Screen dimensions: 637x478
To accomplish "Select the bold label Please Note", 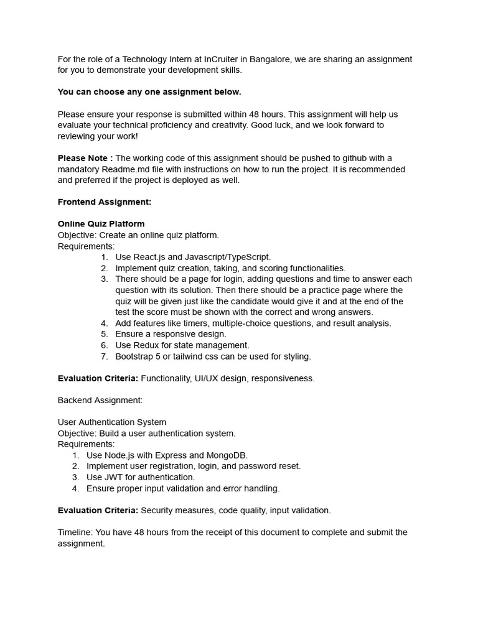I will pyautogui.click(x=85, y=158).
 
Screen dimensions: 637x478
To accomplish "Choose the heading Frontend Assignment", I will pyautogui.click(x=105, y=202).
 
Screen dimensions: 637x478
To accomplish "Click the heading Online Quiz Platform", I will pyautogui.click(x=101, y=224).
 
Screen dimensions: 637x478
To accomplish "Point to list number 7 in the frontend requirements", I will pyautogui.click(x=104, y=356).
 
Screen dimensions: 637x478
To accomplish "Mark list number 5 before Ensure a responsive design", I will pyautogui.click(x=104, y=334).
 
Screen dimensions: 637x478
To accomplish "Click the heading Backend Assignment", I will pyautogui.click(x=100, y=400).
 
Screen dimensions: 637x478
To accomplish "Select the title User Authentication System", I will pyautogui.click(x=112, y=422).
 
